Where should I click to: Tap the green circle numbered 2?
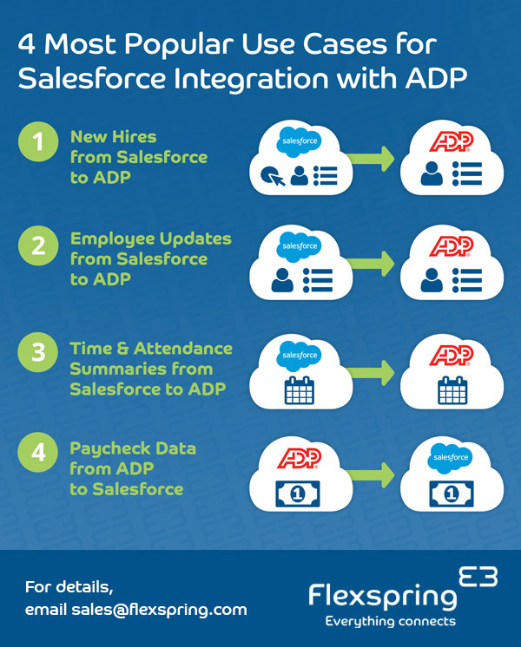[39, 245]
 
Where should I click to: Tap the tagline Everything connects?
[390, 622]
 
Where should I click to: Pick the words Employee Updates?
[151, 239]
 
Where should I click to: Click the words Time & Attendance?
[151, 348]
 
